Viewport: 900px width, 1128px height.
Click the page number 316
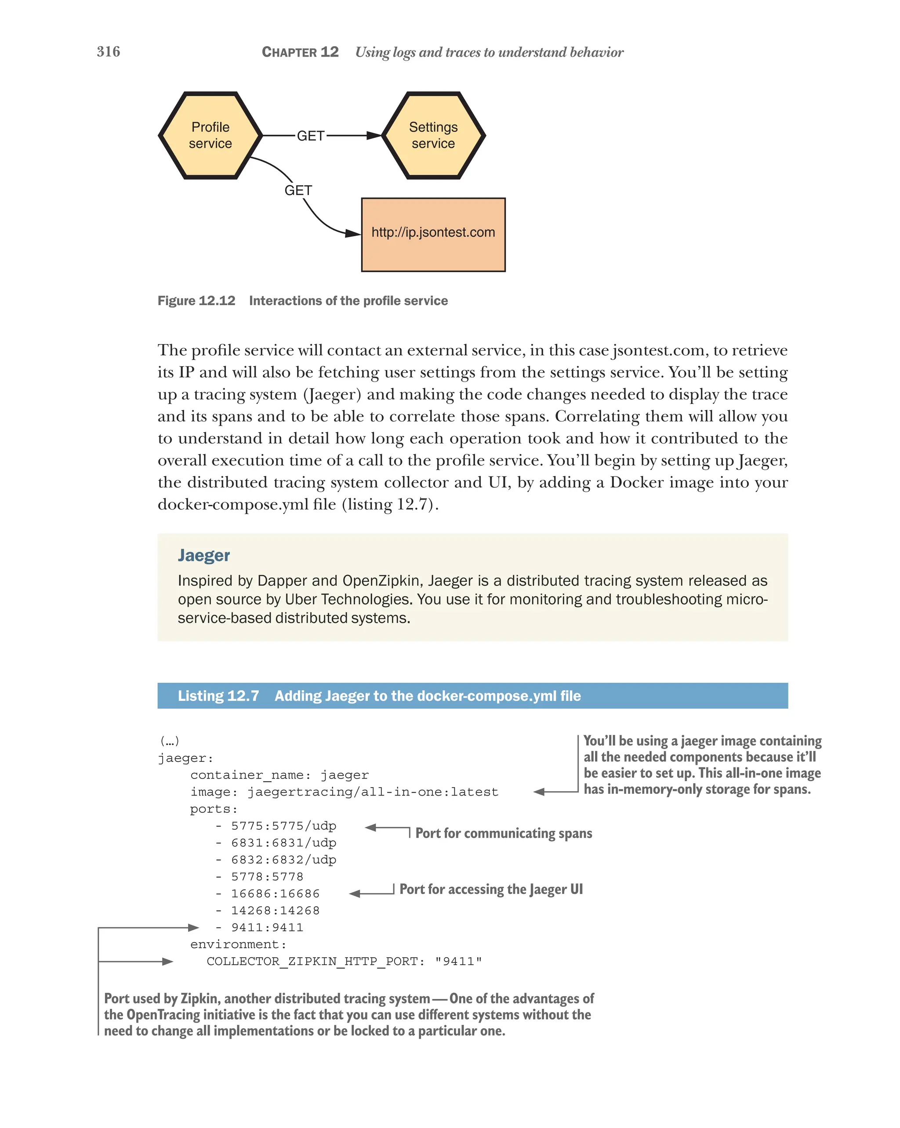[x=109, y=51]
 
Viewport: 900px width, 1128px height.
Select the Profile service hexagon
[x=210, y=136]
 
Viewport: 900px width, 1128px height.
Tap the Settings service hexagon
[x=433, y=136]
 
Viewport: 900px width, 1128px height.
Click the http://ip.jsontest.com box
[x=433, y=234]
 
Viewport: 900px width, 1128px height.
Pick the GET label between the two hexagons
[x=310, y=136]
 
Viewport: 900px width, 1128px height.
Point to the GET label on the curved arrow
[x=298, y=191]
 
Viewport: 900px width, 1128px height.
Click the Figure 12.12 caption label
[x=196, y=301]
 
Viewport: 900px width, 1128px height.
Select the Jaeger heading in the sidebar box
[x=203, y=555]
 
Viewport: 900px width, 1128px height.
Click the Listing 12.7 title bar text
[x=379, y=696]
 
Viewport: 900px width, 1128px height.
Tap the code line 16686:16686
[x=275, y=894]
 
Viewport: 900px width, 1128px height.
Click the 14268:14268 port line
[x=275, y=910]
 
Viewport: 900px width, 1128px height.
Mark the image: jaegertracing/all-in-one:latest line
[x=344, y=792]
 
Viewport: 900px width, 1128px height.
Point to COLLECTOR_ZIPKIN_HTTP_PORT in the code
[x=315, y=961]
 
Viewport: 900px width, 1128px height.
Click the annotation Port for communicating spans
[x=503, y=833]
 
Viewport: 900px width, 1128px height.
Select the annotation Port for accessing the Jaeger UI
[x=490, y=890]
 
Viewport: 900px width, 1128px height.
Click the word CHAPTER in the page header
[x=289, y=52]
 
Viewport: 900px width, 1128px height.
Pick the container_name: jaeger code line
[x=279, y=775]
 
